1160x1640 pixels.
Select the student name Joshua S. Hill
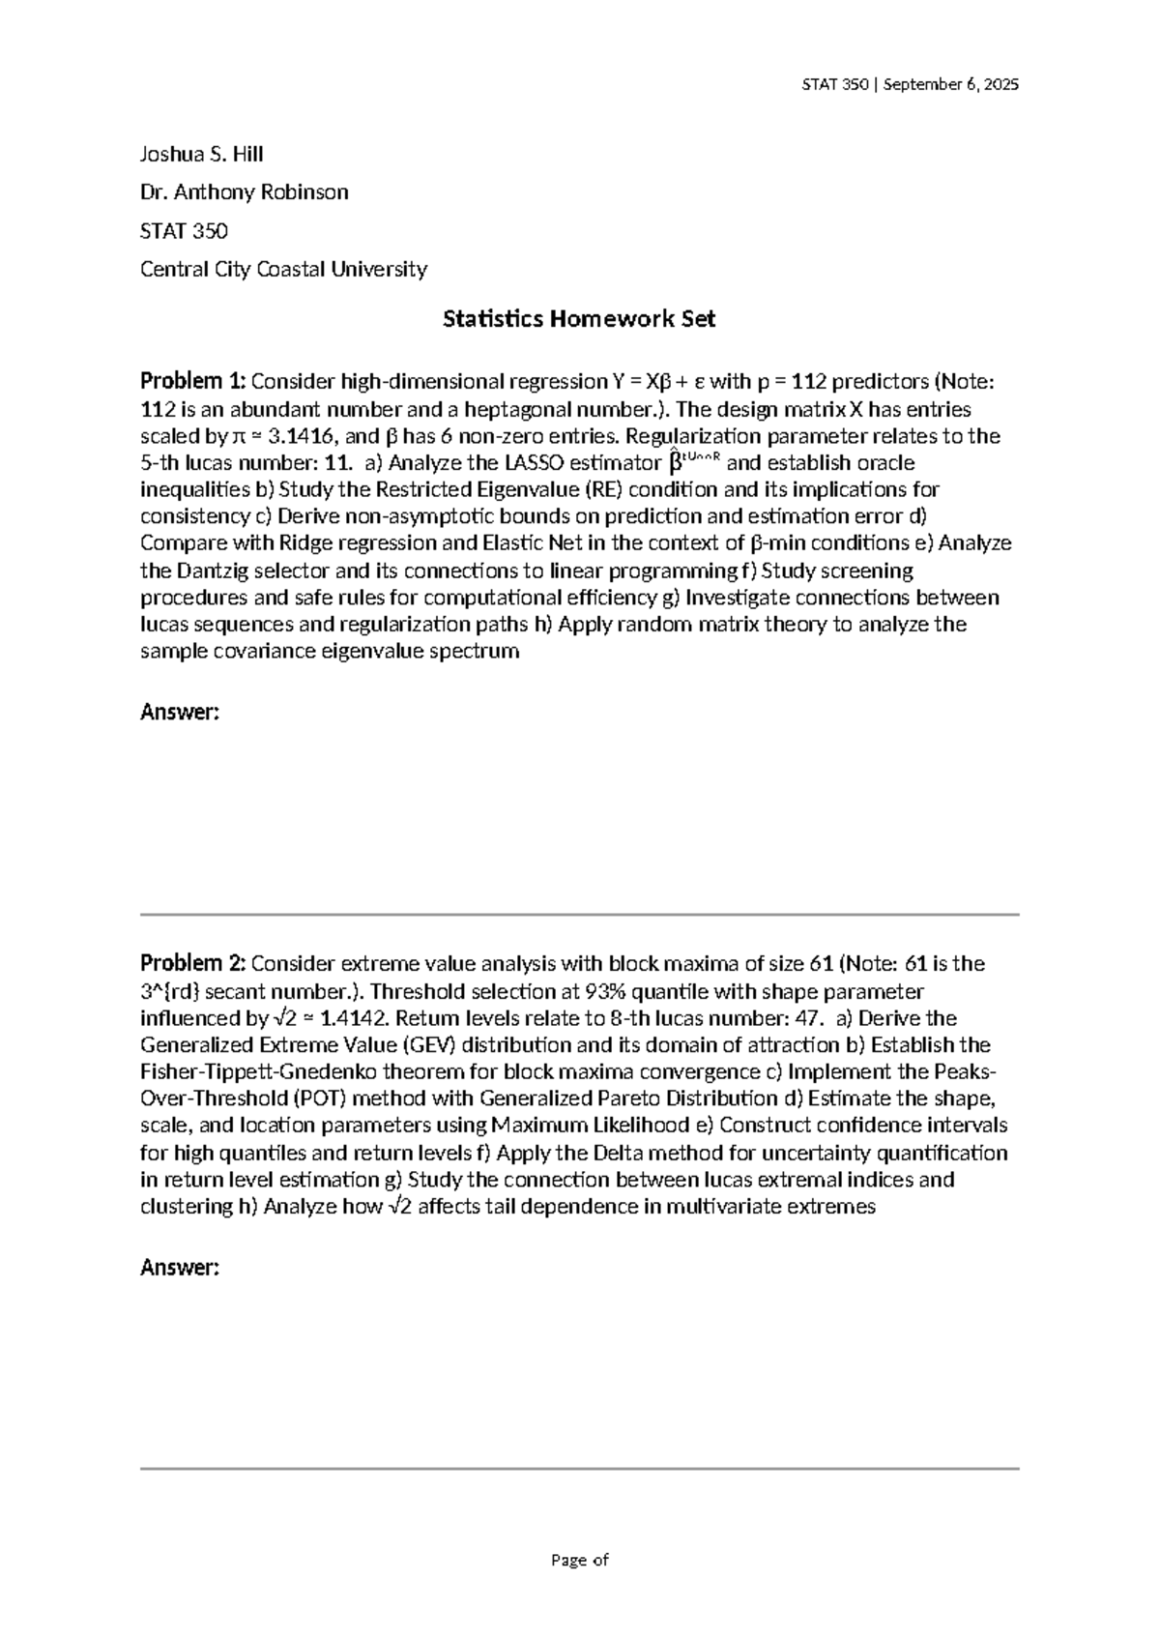click(x=202, y=154)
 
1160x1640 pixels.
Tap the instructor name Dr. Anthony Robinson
click(x=245, y=192)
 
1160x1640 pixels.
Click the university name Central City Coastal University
click(x=283, y=269)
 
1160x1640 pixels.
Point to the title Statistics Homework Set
click(x=579, y=319)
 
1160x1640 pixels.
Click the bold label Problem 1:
click(x=193, y=381)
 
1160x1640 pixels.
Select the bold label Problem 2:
click(x=193, y=963)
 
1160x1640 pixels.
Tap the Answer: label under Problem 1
click(x=180, y=713)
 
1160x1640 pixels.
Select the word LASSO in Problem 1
click(x=523, y=462)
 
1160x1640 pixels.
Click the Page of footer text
click(x=579, y=1560)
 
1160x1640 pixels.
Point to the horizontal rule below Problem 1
click(x=579, y=914)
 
